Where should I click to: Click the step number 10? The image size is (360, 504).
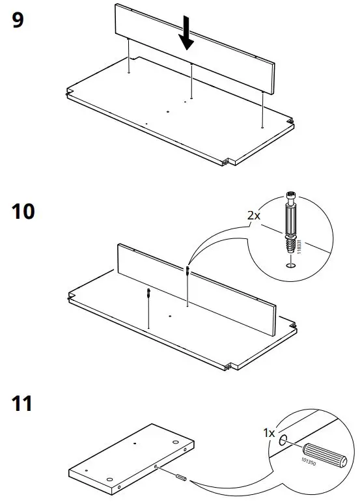pyautogui.click(x=25, y=212)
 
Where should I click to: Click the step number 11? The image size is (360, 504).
pyautogui.click(x=23, y=404)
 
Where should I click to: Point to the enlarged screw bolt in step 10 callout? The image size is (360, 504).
pyautogui.click(x=291, y=224)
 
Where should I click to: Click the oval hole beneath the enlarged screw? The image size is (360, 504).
pyautogui.click(x=291, y=264)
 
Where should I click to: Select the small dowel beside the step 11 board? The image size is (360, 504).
pyautogui.click(x=181, y=479)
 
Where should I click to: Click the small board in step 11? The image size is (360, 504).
pyautogui.click(x=130, y=456)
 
